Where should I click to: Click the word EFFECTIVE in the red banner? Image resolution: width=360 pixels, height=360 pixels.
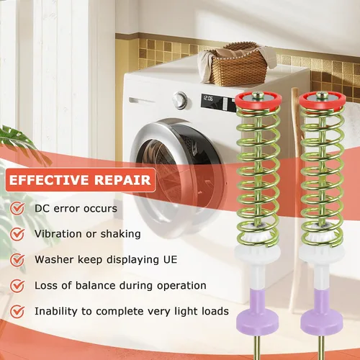(x=49, y=180)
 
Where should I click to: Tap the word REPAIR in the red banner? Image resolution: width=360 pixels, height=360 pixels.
(x=122, y=180)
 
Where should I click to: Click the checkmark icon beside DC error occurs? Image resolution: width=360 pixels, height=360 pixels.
(x=17, y=208)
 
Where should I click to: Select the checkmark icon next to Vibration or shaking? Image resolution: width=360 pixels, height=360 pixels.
(x=17, y=234)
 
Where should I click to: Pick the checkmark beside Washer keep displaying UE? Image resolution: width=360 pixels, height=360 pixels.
(x=17, y=260)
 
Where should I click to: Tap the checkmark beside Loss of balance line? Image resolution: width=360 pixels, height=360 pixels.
(x=17, y=286)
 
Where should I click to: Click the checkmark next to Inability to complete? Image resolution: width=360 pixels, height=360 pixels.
(x=17, y=312)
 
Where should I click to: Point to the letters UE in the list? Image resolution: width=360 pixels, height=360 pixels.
(x=170, y=260)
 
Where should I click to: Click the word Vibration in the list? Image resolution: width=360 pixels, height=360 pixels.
(x=58, y=234)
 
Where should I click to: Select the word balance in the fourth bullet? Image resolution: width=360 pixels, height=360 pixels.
(x=96, y=286)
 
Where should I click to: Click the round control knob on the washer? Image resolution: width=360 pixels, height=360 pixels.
(x=179, y=99)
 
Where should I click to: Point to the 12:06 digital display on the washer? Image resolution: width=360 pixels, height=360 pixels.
(x=208, y=99)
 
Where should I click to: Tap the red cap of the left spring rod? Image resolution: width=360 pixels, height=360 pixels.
(x=258, y=99)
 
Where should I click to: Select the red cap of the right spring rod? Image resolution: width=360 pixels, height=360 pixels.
(x=323, y=99)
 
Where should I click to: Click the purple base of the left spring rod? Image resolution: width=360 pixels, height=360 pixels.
(x=257, y=311)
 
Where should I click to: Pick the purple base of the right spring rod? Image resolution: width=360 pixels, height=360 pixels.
(x=322, y=311)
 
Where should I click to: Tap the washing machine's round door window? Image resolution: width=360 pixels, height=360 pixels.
(x=179, y=177)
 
